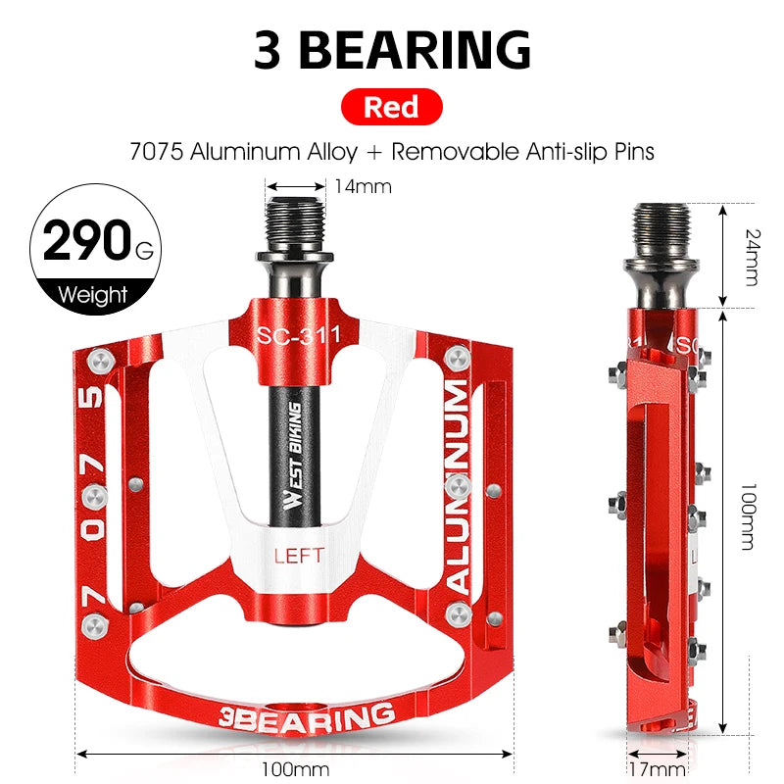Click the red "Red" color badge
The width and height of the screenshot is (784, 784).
click(x=392, y=106)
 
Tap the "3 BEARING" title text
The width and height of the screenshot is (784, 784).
click(x=392, y=49)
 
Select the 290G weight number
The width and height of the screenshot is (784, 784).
click(x=82, y=241)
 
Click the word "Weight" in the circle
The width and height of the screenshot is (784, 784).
click(x=93, y=294)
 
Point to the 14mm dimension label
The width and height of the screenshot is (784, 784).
click(x=363, y=186)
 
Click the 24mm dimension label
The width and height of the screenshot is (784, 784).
click(x=750, y=257)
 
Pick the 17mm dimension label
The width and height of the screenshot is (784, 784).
click(x=657, y=768)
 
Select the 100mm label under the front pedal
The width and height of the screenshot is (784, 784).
click(x=294, y=768)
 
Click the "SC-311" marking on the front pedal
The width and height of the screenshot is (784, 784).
click(x=298, y=335)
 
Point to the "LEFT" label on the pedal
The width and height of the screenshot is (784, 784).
click(x=299, y=556)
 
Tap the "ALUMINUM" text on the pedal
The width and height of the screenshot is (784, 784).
click(x=459, y=485)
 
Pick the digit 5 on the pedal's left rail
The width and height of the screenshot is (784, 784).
click(x=90, y=397)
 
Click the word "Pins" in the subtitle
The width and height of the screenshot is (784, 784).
click(x=629, y=152)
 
